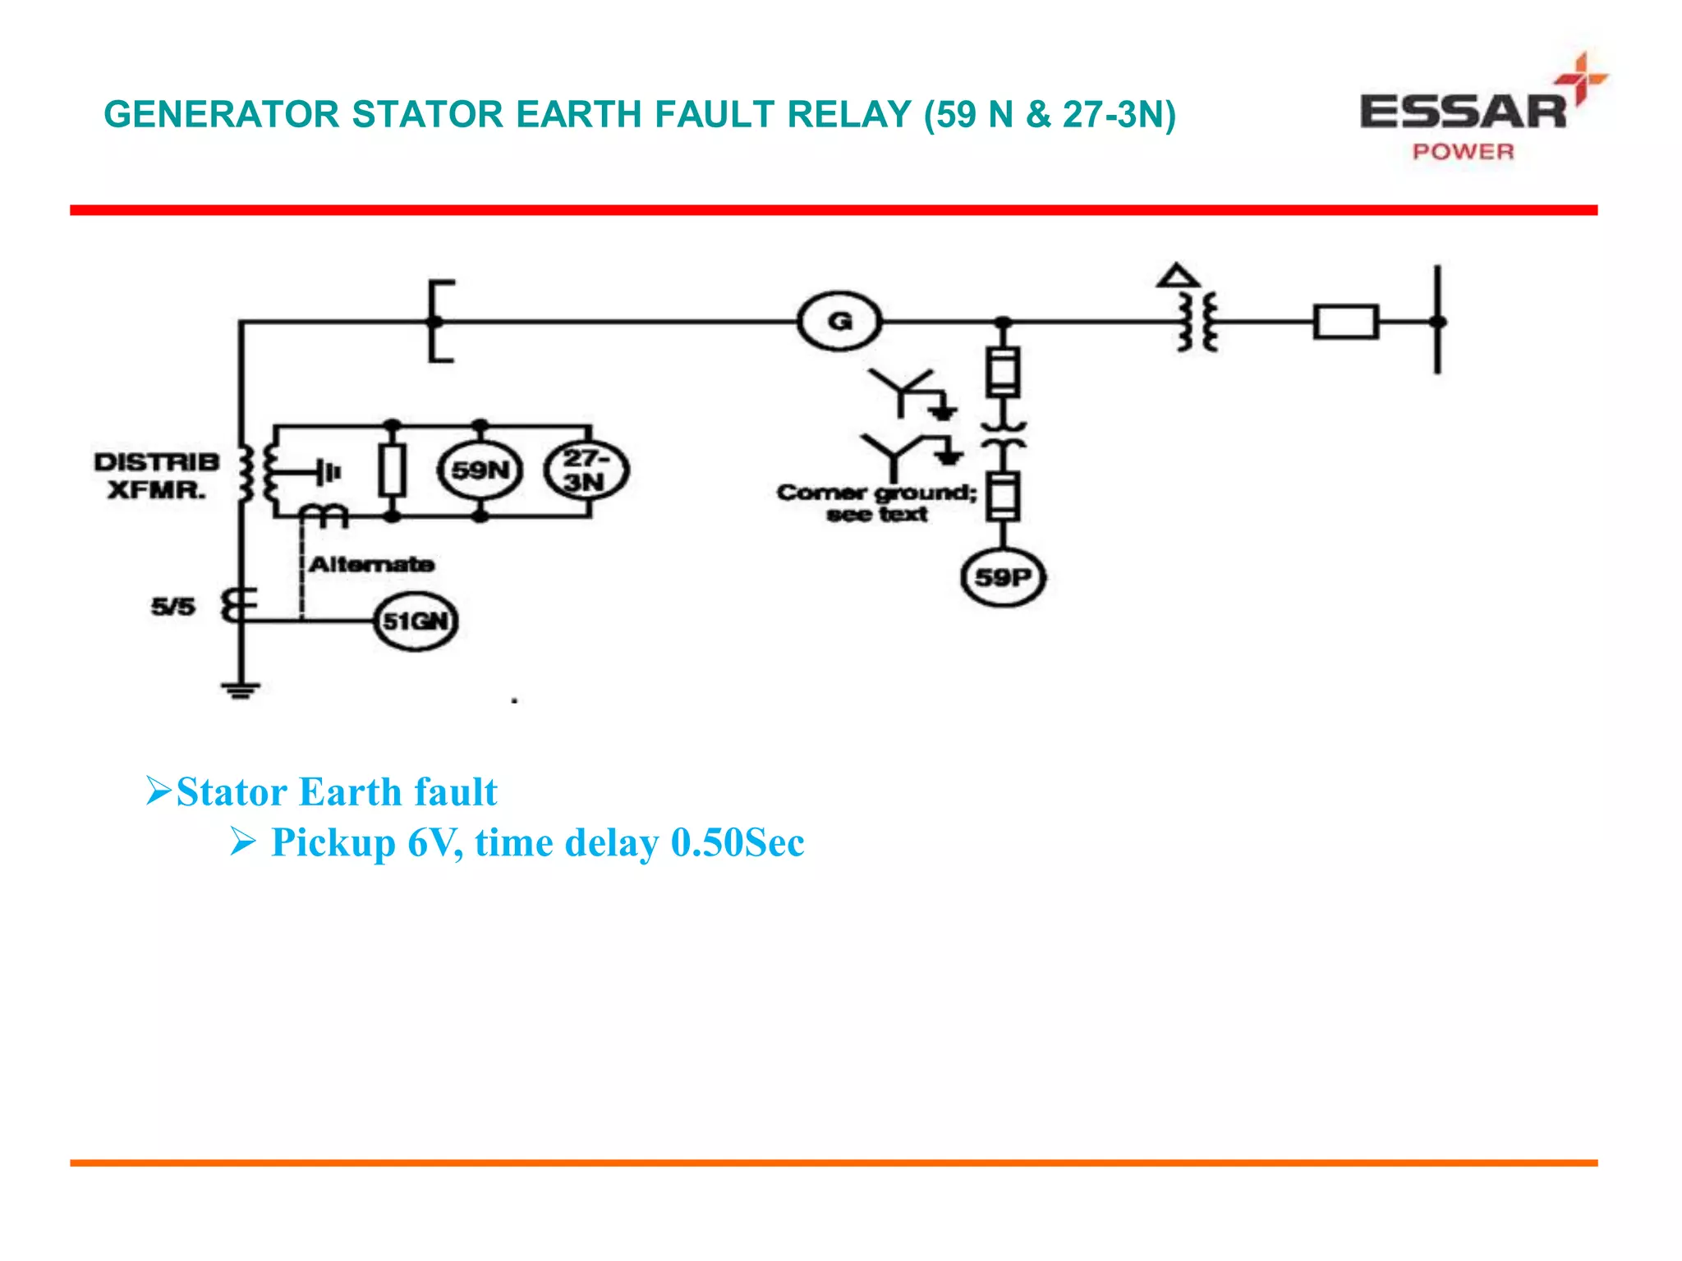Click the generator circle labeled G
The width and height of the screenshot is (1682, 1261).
point(839,321)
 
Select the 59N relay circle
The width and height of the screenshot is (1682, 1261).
point(480,470)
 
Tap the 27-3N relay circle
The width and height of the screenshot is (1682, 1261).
point(586,470)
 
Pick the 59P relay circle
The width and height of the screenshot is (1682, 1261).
point(1002,577)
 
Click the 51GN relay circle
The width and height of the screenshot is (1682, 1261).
point(416,621)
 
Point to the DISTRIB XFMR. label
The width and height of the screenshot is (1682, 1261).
point(156,475)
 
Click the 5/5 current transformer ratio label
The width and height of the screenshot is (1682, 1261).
point(173,607)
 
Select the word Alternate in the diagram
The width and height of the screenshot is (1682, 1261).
point(371,564)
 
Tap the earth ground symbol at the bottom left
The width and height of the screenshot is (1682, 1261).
point(241,690)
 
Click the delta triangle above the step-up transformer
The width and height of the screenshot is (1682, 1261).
point(1178,276)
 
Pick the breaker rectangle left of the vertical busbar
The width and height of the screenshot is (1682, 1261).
point(1345,322)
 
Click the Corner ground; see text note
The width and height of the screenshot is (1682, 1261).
point(876,502)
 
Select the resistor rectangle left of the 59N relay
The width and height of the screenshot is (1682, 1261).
point(393,470)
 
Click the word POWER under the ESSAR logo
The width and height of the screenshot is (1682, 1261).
point(1463,152)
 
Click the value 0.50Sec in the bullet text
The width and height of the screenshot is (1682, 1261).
point(738,842)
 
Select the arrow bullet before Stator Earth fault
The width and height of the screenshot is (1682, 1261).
point(158,791)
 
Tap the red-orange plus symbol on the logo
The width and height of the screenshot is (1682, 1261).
point(1582,78)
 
